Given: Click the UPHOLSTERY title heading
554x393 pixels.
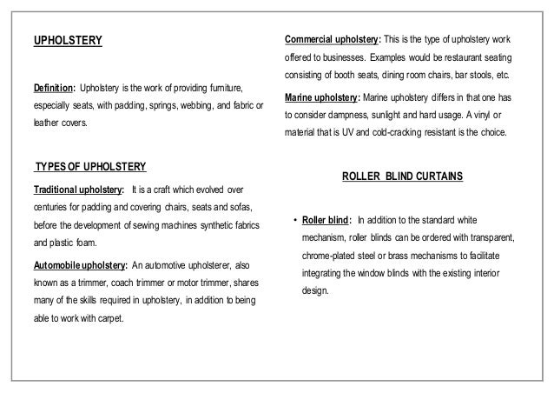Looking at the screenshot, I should point(68,40).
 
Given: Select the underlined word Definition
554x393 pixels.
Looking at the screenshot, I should point(52,90).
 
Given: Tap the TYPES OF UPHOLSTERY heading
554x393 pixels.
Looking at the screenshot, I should point(89,166).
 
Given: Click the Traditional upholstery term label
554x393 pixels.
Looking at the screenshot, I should point(76,189).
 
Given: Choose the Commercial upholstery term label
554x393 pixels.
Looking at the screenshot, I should point(333,40).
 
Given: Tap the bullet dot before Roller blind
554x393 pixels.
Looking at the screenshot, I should point(296,219).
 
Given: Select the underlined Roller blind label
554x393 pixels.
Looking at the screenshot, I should point(326,219).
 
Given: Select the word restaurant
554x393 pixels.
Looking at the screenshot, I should point(479,57).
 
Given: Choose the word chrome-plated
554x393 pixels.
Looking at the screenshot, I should point(333,256).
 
